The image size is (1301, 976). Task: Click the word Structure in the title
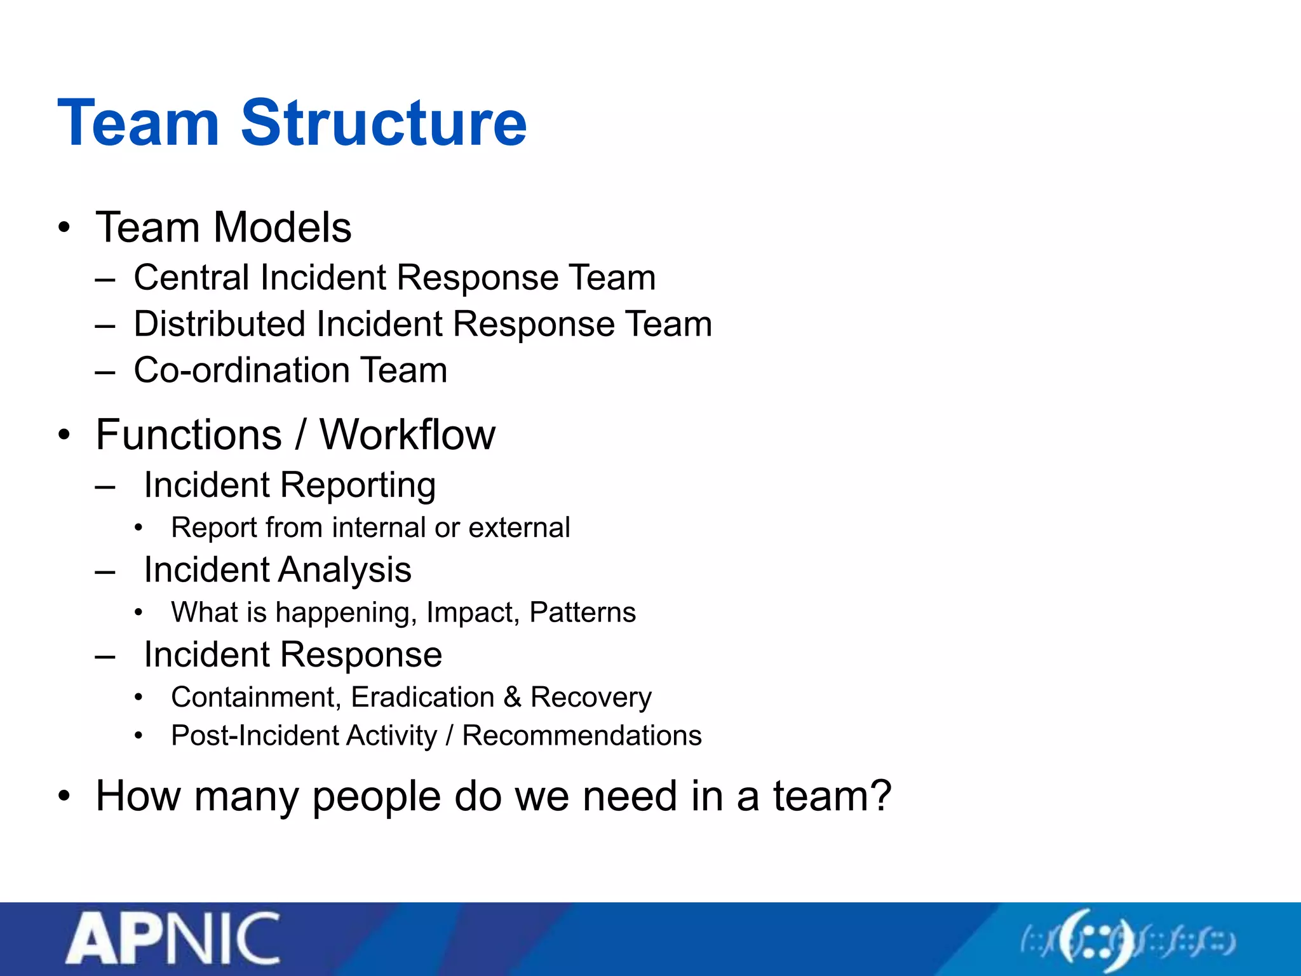coord(384,123)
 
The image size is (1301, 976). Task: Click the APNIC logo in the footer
coord(173,939)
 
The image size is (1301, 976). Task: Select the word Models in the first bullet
coord(282,227)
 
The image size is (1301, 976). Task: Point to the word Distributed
coord(220,324)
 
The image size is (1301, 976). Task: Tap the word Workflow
coord(407,435)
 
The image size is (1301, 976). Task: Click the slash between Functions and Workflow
coord(300,435)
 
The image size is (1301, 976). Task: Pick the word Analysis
coord(344,570)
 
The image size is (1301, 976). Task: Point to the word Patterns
coord(583,613)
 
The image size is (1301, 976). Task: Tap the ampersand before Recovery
coord(513,698)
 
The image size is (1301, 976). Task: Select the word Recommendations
coord(581,736)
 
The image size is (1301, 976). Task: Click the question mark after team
coord(880,796)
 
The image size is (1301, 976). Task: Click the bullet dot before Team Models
coord(64,228)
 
